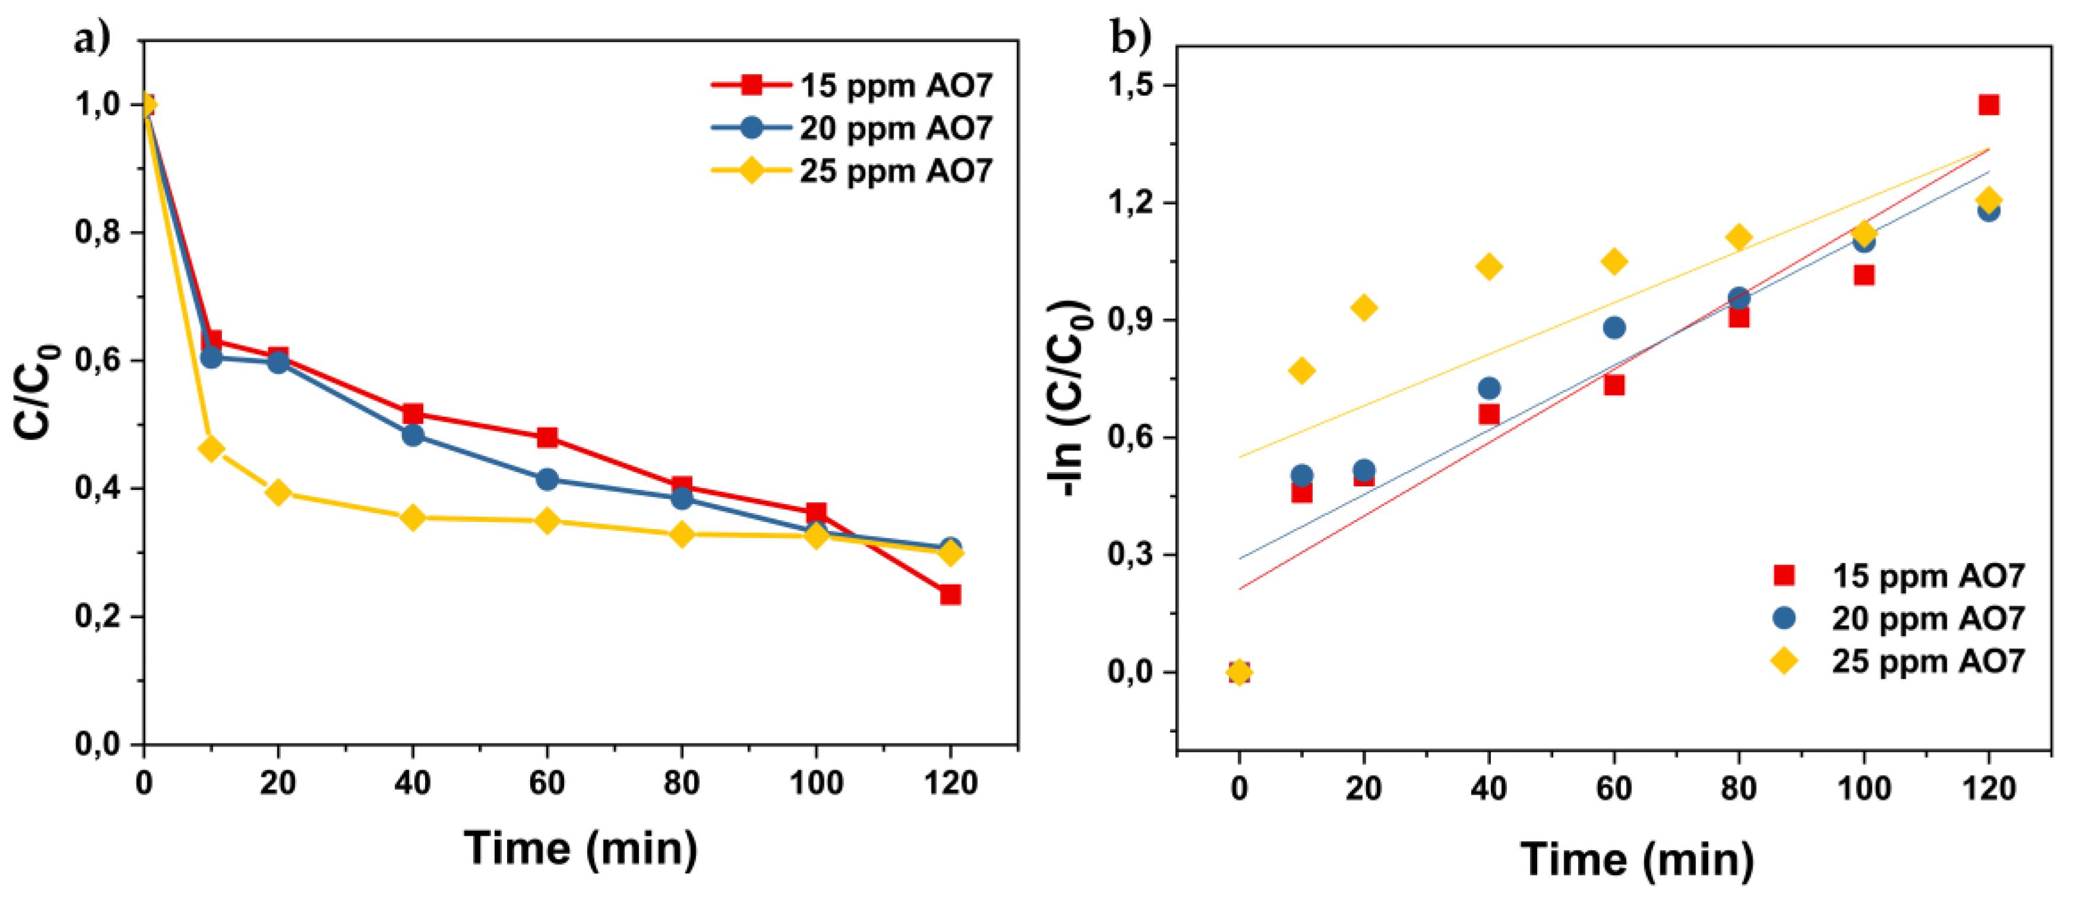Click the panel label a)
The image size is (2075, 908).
(92, 39)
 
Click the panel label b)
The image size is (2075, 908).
(1132, 36)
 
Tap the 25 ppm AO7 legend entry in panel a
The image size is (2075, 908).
(852, 171)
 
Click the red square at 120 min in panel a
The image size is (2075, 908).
(951, 594)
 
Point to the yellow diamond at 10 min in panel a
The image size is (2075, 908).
(211, 449)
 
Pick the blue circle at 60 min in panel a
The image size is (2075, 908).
(547, 479)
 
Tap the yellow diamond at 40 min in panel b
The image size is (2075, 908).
(1488, 267)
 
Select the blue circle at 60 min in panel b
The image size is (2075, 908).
(1614, 327)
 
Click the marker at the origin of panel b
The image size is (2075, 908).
(1240, 672)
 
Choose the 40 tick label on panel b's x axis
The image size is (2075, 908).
(1488, 788)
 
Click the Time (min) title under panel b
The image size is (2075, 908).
(1637, 860)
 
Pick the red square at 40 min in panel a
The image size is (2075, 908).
(413, 414)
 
